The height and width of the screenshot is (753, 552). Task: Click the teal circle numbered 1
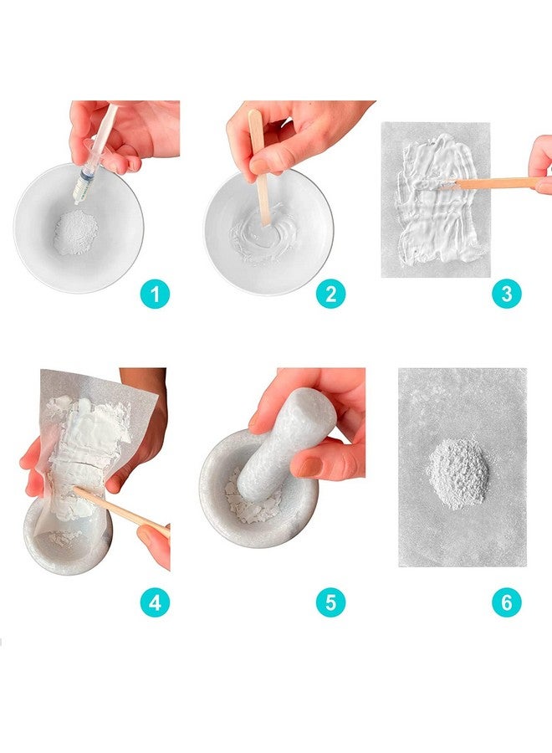point(156,294)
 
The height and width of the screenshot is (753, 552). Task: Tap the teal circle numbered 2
point(330,294)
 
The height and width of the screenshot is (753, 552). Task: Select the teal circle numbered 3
point(506,294)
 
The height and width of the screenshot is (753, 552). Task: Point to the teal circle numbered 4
point(156,602)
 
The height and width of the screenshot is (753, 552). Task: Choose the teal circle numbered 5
point(330,602)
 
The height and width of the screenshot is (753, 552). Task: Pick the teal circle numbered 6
point(506,602)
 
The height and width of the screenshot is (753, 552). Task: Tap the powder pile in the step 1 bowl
point(75,232)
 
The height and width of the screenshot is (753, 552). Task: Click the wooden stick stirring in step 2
point(261,180)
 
